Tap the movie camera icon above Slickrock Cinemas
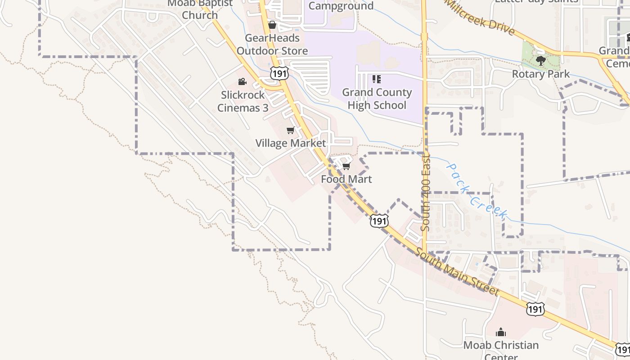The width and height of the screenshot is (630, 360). coord(242,81)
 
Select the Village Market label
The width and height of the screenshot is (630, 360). coord(290,143)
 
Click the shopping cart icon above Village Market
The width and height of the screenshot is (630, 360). coord(290,130)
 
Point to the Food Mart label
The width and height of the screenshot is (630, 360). coord(346,179)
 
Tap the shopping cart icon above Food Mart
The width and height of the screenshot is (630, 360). coord(346,166)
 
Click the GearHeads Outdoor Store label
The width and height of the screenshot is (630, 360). coord(272,45)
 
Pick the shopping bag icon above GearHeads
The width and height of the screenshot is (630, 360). coord(272,24)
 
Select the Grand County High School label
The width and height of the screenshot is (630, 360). coord(377,99)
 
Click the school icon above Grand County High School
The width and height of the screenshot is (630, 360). coord(377,80)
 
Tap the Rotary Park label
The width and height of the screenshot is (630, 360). coord(541,74)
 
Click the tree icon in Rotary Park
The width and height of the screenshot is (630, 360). coord(541,60)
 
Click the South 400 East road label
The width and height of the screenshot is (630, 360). coord(426,193)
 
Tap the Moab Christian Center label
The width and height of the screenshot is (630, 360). coord(501,346)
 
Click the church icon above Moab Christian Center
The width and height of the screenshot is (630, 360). coord(500,333)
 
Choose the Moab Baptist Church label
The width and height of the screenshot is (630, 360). coord(199,9)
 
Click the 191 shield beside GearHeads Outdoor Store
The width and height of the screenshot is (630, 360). coord(279,73)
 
